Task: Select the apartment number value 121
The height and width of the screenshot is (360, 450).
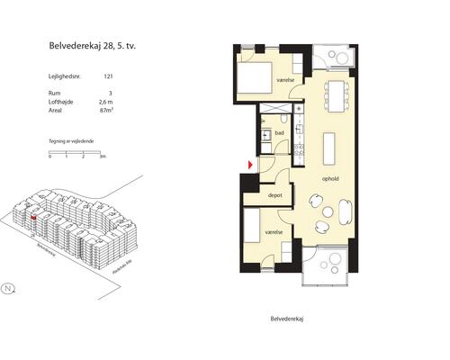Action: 108,78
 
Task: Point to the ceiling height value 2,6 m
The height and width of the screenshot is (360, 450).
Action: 107,103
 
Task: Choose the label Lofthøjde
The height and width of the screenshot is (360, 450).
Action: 60,103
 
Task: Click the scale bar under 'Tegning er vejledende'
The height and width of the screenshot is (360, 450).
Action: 77,152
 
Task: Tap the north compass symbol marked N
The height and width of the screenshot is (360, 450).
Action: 8,289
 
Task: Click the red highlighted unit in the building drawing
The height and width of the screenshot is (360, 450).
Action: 33,216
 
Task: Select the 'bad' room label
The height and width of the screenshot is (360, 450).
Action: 280,133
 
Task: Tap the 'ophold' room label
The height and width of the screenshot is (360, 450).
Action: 331,177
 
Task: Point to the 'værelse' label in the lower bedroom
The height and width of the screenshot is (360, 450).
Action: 274,231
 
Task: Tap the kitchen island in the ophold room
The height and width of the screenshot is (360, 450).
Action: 330,147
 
